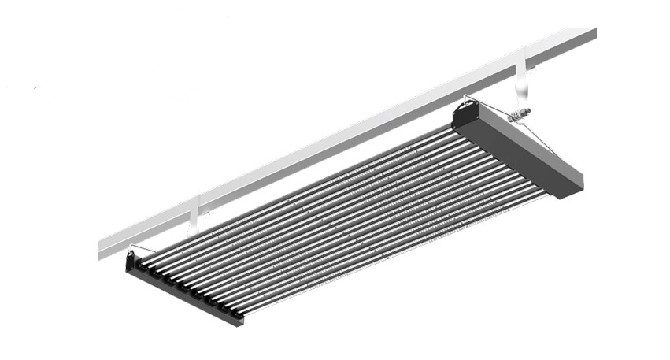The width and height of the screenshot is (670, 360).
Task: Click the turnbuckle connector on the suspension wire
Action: (520, 116)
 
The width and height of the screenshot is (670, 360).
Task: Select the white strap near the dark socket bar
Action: (194, 215)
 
